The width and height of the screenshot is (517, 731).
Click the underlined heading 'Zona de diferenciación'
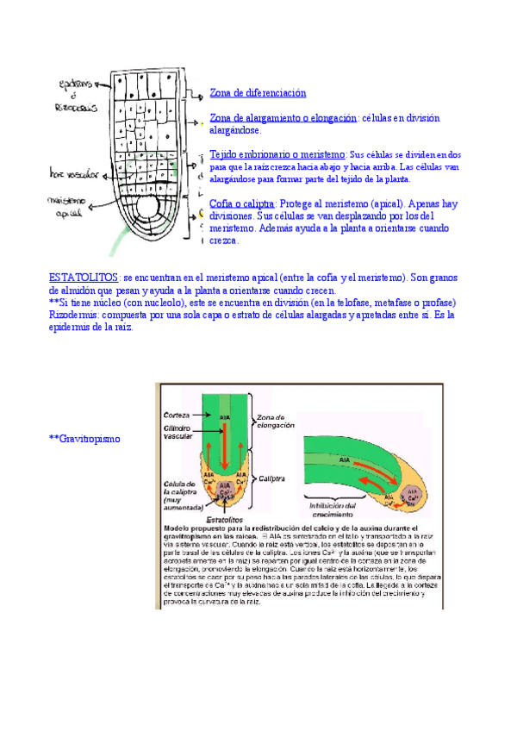click(x=258, y=92)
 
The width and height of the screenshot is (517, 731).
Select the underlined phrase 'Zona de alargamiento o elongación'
click(x=283, y=118)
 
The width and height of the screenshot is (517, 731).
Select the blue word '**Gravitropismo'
click(x=84, y=440)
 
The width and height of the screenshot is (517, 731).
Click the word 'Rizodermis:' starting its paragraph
click(x=73, y=315)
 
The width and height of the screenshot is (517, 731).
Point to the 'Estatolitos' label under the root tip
click(x=222, y=521)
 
